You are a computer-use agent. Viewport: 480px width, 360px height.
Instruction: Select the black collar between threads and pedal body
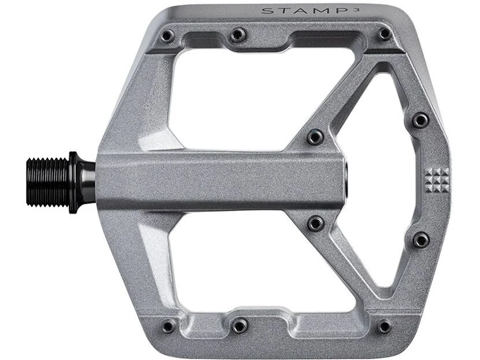click(82, 182)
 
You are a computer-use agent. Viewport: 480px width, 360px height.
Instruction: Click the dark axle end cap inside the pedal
click(346, 181)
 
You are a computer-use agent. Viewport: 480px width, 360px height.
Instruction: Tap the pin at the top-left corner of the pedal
click(167, 35)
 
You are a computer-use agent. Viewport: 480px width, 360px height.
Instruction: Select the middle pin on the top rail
click(238, 35)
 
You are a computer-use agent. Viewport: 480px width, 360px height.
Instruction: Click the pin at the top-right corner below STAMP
click(385, 34)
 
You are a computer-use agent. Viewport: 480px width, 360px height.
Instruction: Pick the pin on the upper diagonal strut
click(315, 137)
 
